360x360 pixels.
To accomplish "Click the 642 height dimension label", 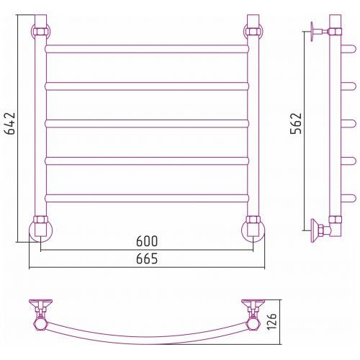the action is click(x=11, y=123).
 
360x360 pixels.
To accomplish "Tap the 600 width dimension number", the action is click(x=147, y=241).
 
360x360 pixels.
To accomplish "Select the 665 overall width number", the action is click(x=147, y=258).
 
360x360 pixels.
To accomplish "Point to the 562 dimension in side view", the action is click(x=296, y=123).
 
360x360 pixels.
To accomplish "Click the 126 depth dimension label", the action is click(x=272, y=322).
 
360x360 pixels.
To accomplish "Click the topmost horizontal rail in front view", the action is click(x=147, y=49).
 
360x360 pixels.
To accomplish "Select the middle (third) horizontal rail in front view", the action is click(x=147, y=124).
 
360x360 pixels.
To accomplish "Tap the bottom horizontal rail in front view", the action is click(x=147, y=199).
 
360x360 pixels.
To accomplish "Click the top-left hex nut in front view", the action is click(x=40, y=32).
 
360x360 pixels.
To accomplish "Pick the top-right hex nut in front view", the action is click(x=253, y=32).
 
